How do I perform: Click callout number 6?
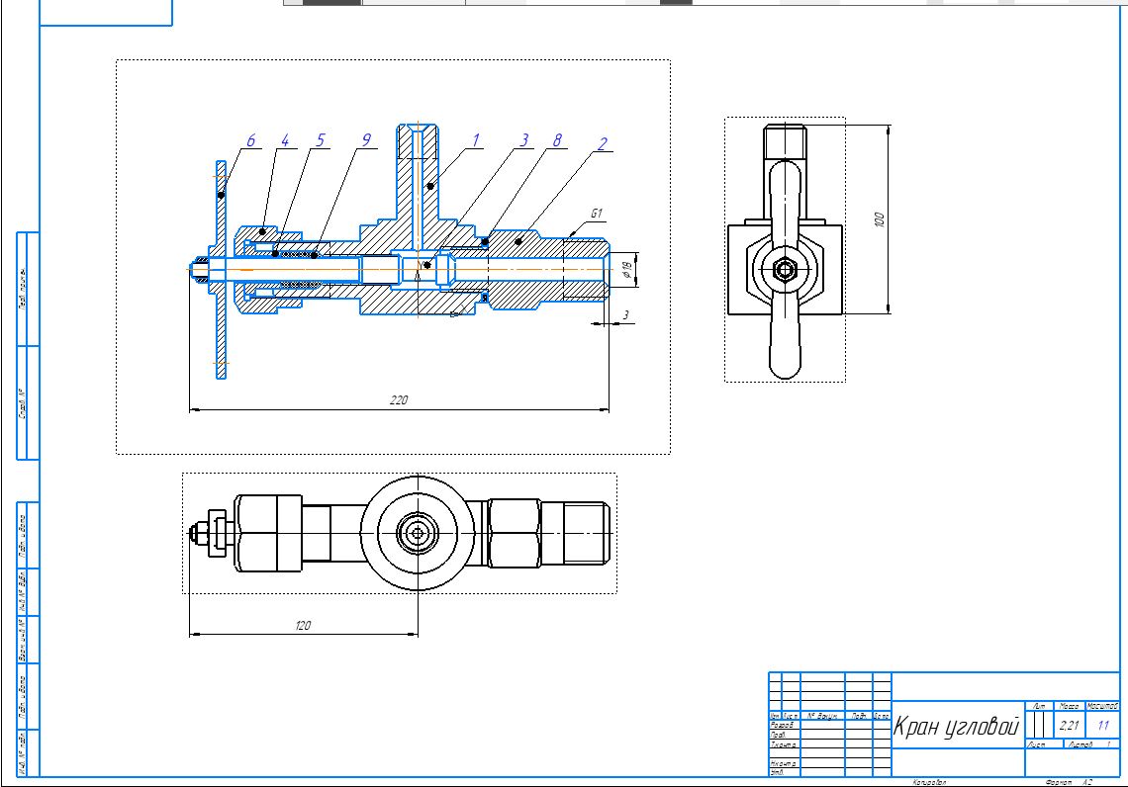click(x=251, y=142)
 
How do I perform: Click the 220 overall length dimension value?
click(x=399, y=400)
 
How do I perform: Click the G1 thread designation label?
click(x=597, y=213)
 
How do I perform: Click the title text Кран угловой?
click(x=956, y=728)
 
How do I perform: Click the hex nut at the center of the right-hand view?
click(x=784, y=268)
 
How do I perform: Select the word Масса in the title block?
click(x=1069, y=706)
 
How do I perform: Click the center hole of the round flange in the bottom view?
click(x=418, y=534)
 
